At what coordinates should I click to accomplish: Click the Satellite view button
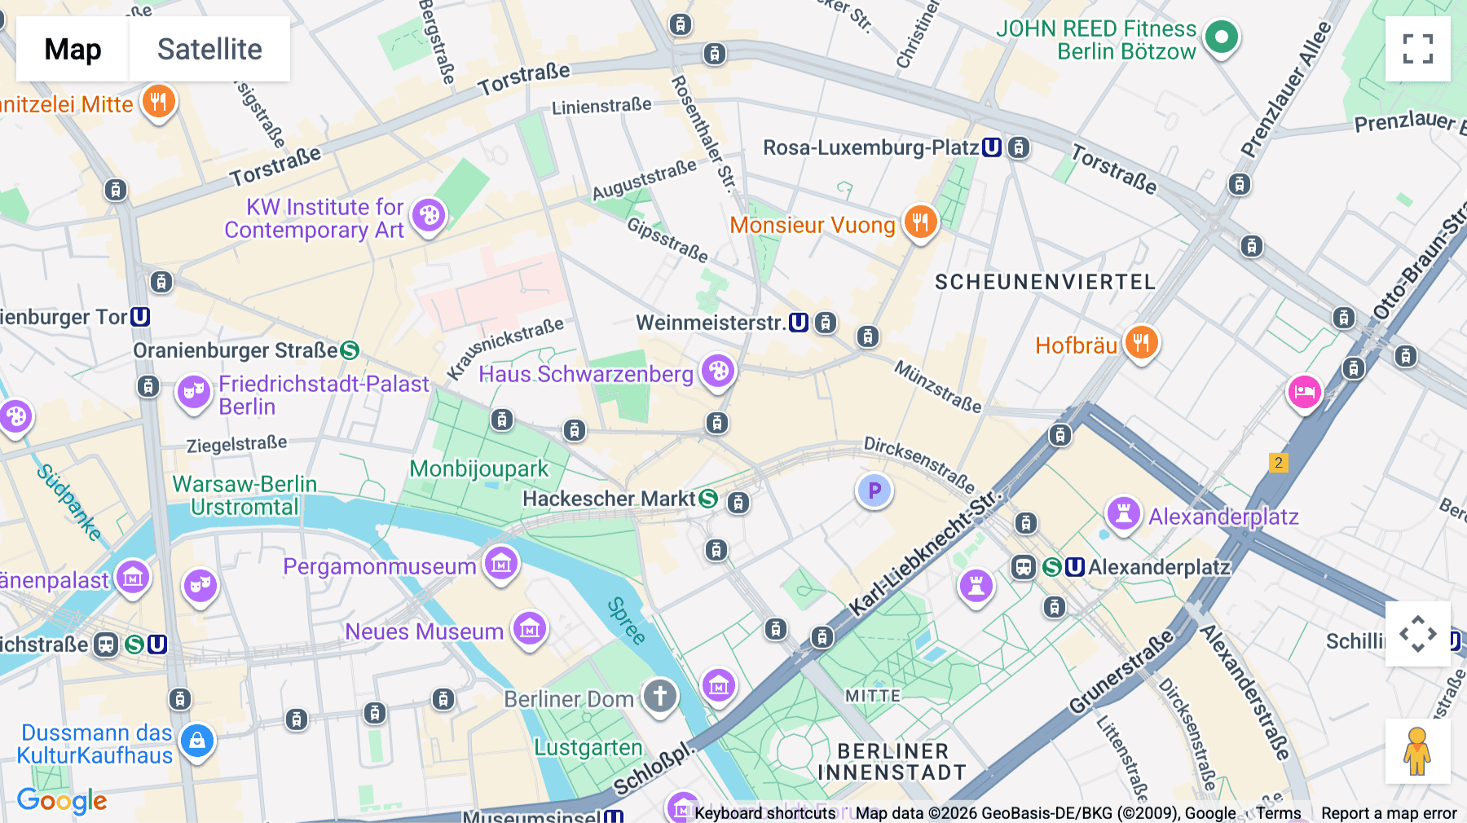click(209, 49)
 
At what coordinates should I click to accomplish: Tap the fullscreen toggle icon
click(1417, 49)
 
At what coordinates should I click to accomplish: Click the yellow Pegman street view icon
click(1417, 750)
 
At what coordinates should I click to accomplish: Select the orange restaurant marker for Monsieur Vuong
click(920, 222)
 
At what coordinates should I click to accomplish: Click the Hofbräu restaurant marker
click(1141, 343)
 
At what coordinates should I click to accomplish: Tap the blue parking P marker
click(874, 491)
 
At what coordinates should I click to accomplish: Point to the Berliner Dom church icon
click(659, 697)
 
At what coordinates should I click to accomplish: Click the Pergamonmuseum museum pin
click(501, 563)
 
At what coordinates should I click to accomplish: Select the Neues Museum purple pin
click(530, 628)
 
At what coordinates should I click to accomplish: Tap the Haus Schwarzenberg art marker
click(718, 372)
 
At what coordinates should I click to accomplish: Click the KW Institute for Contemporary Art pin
click(429, 216)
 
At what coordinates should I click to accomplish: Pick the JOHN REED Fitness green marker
click(1221, 37)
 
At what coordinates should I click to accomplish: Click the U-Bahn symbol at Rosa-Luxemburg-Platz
click(992, 147)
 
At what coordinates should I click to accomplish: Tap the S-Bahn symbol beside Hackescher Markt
click(708, 499)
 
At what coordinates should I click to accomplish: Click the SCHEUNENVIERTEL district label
click(1045, 282)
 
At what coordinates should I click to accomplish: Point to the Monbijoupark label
click(479, 469)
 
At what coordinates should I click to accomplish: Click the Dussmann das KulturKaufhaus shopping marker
click(197, 741)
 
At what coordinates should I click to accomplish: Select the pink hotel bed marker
click(1304, 392)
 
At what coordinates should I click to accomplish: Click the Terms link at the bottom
click(1278, 813)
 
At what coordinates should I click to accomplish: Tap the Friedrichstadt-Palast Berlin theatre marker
click(194, 392)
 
